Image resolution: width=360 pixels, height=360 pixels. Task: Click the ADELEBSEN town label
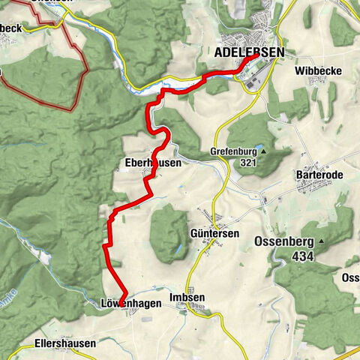(249, 52)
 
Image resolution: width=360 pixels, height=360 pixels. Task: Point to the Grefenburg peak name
(233, 151)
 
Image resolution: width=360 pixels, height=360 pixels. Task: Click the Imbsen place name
(187, 298)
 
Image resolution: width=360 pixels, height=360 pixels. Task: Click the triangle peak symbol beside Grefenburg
(263, 151)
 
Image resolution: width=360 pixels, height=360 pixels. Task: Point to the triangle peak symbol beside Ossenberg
(321, 241)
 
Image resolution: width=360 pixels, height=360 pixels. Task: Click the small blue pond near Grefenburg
(259, 147)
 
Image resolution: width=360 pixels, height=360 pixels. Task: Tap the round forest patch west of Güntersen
(169, 232)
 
